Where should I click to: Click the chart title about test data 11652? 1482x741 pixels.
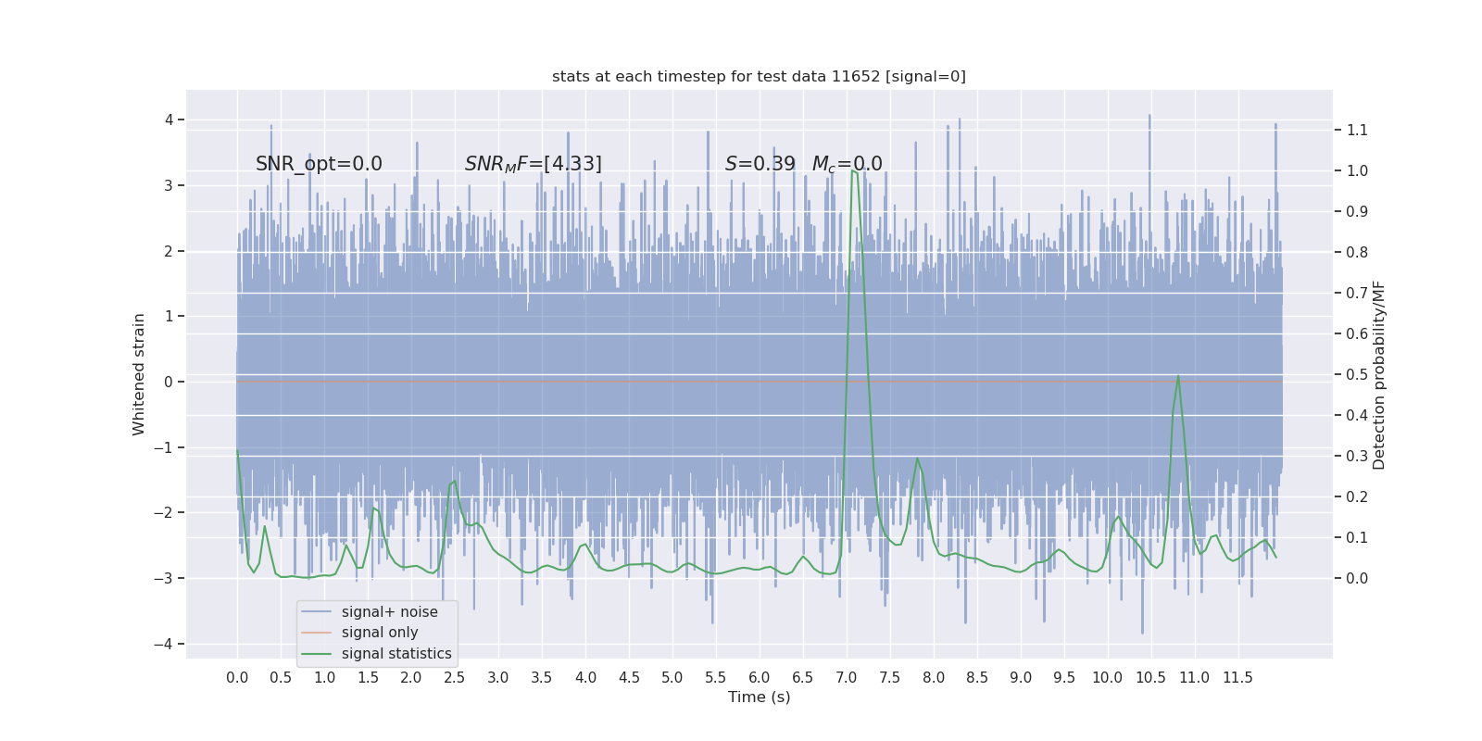(x=759, y=77)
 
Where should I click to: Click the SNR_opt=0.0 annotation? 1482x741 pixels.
(x=319, y=164)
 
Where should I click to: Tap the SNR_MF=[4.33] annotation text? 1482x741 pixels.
(x=533, y=164)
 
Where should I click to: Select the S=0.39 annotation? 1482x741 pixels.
(x=760, y=164)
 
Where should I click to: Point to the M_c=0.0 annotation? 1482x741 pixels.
(x=847, y=164)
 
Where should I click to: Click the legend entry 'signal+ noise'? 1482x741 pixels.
(x=389, y=612)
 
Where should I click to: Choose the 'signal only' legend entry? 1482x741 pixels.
(x=380, y=633)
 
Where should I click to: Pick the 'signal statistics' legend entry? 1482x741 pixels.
(x=396, y=654)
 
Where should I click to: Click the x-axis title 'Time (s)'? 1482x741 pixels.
(x=759, y=697)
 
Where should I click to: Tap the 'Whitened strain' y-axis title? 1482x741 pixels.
(x=139, y=374)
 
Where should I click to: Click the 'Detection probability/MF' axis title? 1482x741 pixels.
(x=1379, y=374)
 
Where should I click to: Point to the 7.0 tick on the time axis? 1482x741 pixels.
(x=846, y=678)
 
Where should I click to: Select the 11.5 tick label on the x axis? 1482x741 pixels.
(x=1237, y=678)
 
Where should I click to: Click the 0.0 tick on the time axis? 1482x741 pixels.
(x=237, y=678)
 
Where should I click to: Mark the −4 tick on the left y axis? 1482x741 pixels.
(x=168, y=644)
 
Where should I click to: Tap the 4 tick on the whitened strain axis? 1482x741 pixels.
(x=170, y=119)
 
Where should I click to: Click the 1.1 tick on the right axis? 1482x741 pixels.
(x=1357, y=130)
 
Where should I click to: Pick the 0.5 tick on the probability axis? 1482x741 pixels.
(x=1357, y=374)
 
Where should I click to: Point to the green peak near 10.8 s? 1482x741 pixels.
(x=1178, y=376)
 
